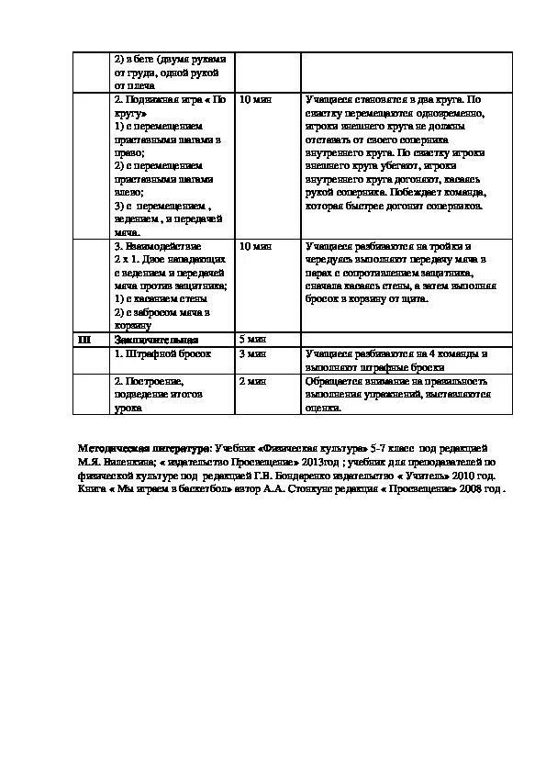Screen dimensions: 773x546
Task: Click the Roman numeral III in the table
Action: click(x=84, y=339)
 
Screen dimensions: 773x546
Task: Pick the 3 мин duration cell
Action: click(x=252, y=353)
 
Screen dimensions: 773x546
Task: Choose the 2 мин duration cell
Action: click(x=252, y=380)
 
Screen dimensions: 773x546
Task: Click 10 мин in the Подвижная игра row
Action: click(x=255, y=99)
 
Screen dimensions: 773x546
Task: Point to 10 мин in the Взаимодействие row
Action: click(x=255, y=246)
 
